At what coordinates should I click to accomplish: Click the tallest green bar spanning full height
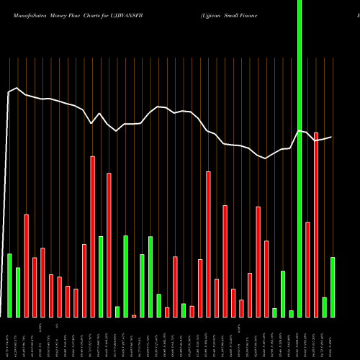[300, 158]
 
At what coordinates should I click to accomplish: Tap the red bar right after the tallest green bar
[307, 269]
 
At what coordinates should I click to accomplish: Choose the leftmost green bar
[10, 285]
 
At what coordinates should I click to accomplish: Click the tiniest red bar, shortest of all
[134, 315]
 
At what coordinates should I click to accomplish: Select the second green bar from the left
[18, 292]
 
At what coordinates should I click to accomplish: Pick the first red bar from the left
[27, 266]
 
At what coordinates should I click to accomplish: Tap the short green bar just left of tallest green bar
[291, 313]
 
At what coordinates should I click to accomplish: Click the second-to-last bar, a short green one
[325, 307]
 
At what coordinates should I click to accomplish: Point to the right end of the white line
[331, 137]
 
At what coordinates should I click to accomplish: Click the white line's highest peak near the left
[16, 88]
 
